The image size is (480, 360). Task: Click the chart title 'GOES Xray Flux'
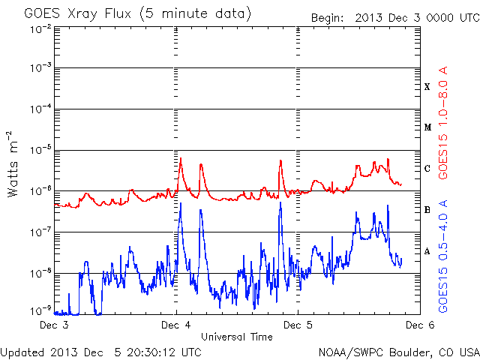pos(78,13)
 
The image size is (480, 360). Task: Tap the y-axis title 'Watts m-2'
pos(13,164)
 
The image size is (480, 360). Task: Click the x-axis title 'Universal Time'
pos(237,337)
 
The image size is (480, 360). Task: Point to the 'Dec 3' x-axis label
pos(54,325)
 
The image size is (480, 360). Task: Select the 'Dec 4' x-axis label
pos(176,325)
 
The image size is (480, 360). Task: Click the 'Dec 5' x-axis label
pos(298,325)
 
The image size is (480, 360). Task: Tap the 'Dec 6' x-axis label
pos(420,325)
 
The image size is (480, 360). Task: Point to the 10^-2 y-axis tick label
pos(40,30)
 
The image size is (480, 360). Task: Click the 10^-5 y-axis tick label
pos(40,150)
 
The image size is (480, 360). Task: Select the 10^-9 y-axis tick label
pos(40,311)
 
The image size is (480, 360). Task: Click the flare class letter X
pos(427,87)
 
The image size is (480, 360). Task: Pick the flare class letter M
pos(427,127)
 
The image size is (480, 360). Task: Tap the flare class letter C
pos(427,168)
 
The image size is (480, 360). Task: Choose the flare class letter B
pos(427,210)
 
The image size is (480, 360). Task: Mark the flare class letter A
pos(427,251)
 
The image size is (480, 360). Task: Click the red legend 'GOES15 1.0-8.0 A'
pos(443,122)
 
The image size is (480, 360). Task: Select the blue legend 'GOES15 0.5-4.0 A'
pos(443,256)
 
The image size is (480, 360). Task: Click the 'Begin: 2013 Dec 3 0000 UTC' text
pos(395,18)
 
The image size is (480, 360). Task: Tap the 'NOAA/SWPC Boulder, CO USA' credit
pos(399,352)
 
